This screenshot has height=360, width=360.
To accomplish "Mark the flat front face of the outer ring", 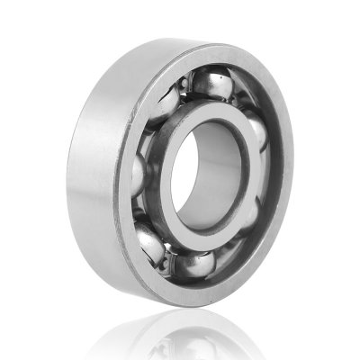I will pos(135,270).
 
